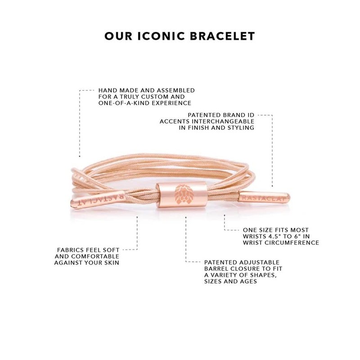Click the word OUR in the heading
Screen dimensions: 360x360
[116, 35]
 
